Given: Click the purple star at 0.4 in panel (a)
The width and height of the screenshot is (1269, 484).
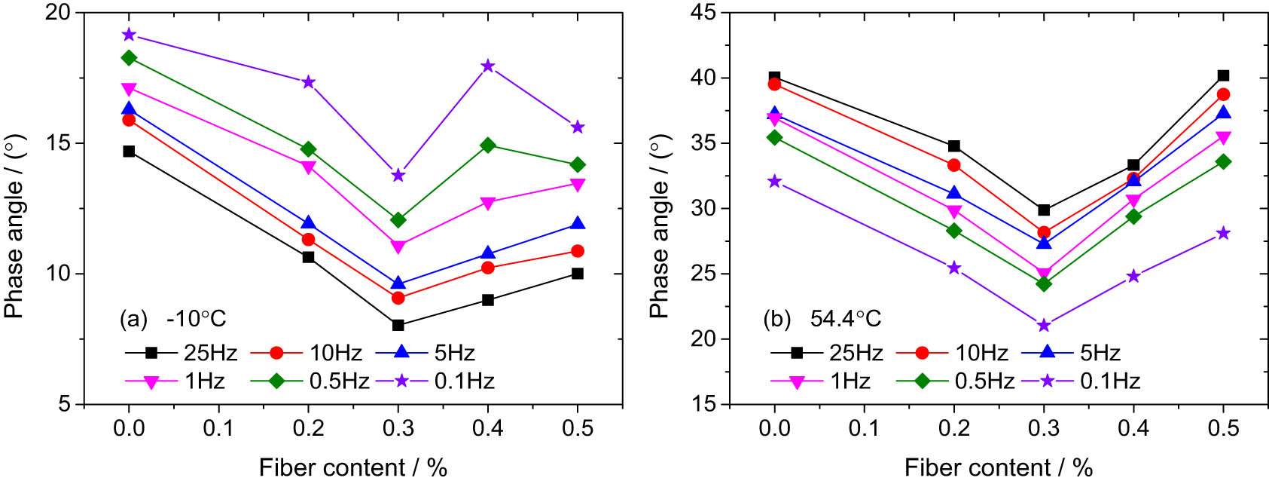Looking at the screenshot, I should tap(488, 66).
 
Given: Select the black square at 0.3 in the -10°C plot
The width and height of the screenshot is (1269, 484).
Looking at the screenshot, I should tap(398, 325).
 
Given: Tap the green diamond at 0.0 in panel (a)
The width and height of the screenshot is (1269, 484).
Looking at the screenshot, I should tap(129, 58).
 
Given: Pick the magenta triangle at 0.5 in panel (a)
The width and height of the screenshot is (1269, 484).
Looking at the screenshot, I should tap(578, 185).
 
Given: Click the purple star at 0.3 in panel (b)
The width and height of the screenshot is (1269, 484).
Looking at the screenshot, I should tap(1044, 325).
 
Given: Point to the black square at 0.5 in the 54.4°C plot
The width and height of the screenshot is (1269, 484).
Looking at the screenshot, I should tap(1223, 75).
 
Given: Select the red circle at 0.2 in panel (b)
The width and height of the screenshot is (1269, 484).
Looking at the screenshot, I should tap(954, 165).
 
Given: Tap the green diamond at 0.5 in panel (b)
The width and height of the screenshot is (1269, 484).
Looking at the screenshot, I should tap(1223, 161).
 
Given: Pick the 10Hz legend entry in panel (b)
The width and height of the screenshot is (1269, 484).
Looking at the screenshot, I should tap(953, 352).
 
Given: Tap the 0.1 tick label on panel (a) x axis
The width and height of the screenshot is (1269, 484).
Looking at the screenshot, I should tap(219, 429).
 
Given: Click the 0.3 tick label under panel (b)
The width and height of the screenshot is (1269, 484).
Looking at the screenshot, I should tap(1044, 429).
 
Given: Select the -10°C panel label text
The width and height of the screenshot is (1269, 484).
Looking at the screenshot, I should tap(196, 319).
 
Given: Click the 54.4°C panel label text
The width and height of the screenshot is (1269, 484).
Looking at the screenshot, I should tap(845, 319).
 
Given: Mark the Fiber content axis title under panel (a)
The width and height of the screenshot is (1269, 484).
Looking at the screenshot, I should tap(353, 467).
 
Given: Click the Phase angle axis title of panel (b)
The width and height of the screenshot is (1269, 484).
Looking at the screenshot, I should tap(660, 228).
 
